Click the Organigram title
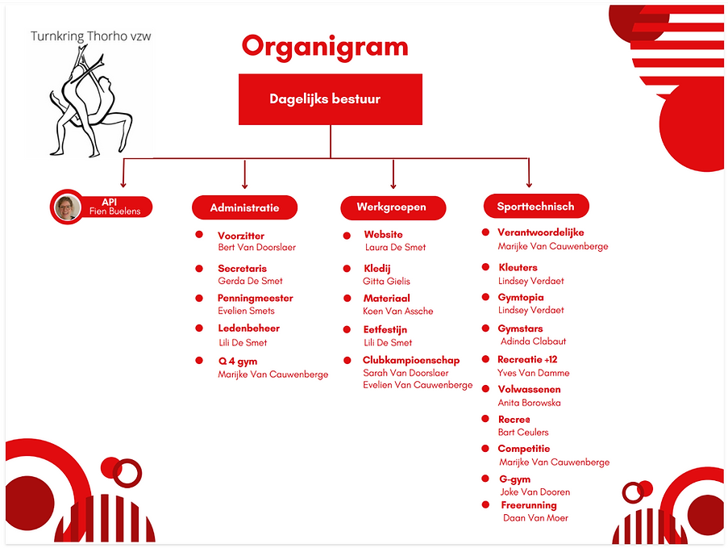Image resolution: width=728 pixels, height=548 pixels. [x=325, y=46]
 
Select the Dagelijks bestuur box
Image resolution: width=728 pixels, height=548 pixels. [x=331, y=99]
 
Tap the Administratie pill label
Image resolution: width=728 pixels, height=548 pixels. [x=244, y=207]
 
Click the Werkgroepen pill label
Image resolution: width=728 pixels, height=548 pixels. [x=393, y=207]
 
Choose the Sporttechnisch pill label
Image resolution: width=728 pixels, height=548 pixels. [x=536, y=207]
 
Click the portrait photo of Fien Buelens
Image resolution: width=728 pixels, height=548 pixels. [x=67, y=207]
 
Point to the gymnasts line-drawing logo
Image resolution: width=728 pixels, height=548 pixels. [x=89, y=102]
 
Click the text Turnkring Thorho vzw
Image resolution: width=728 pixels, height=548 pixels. [x=90, y=36]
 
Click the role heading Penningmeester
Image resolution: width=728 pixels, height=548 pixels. [x=256, y=298]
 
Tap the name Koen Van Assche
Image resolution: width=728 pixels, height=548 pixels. [x=398, y=311]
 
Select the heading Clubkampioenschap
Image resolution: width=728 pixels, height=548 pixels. [x=411, y=361]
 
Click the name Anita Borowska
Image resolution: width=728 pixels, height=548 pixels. [x=530, y=403]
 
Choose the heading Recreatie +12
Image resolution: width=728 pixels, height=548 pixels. [x=528, y=359]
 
